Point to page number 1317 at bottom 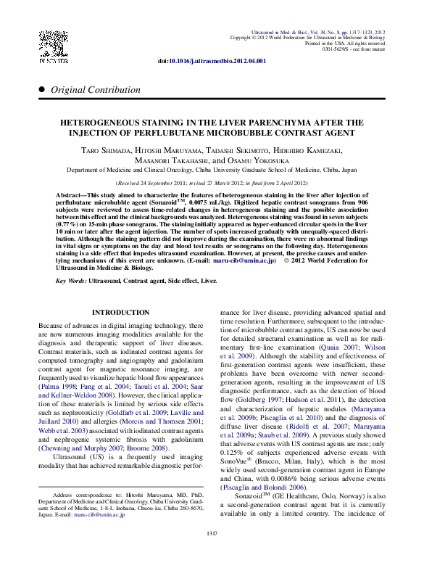coord(212,554)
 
